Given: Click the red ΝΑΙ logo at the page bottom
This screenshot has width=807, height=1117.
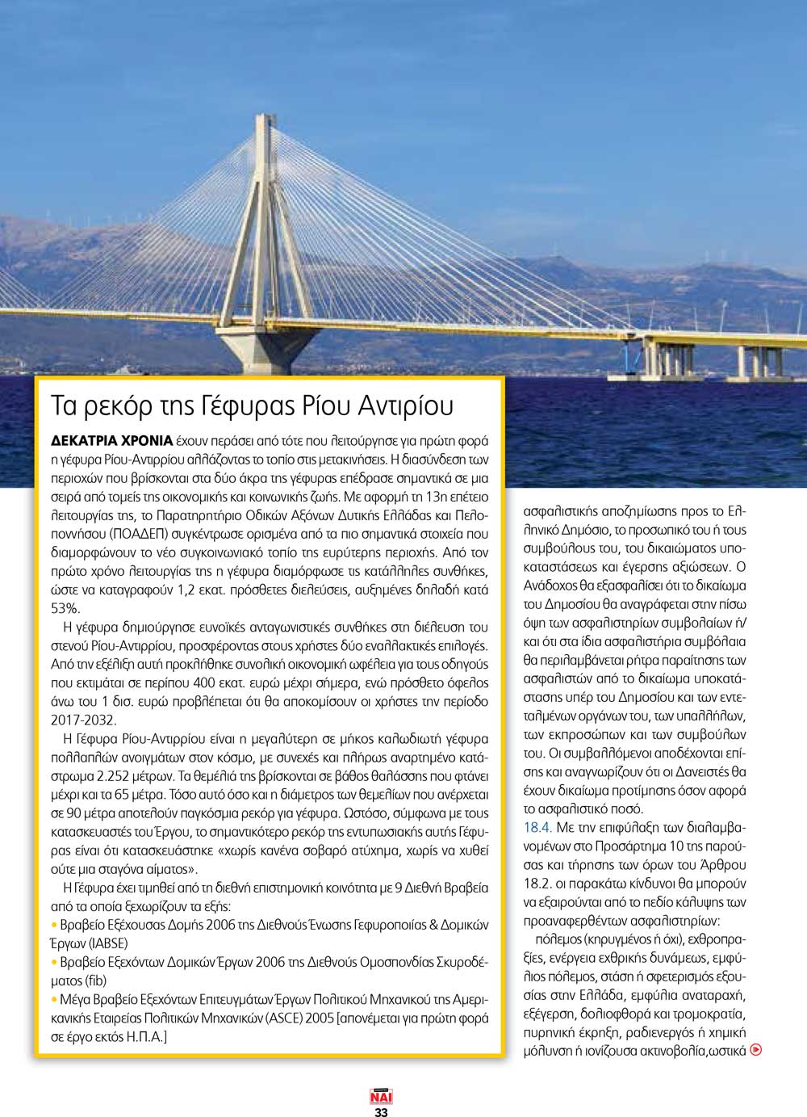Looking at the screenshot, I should coord(381,1097).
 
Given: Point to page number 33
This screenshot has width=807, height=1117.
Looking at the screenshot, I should coord(381,1111).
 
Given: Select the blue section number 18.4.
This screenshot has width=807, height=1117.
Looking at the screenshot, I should coord(537,827).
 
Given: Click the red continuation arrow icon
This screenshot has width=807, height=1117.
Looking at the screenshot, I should coord(756,1050).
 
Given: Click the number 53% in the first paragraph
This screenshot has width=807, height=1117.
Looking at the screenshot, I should coord(65,608).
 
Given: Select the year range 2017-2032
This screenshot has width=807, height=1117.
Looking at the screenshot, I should coord(84,720).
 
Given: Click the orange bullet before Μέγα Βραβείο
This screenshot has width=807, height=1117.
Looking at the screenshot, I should coord(55,999).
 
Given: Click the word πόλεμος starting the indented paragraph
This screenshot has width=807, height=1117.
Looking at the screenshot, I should coord(558,939).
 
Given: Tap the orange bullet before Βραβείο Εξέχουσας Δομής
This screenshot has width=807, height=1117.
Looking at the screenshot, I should coord(55,925).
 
